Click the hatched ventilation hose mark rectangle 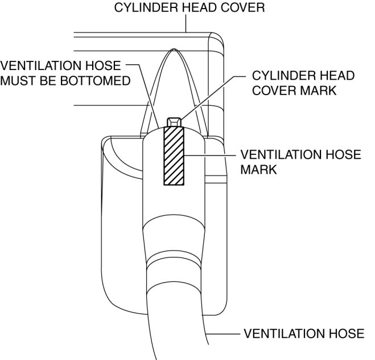[x=174, y=155]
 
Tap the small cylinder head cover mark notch [x=174, y=121]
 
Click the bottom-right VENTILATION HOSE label [x=304, y=333]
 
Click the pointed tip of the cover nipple [x=174, y=51]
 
